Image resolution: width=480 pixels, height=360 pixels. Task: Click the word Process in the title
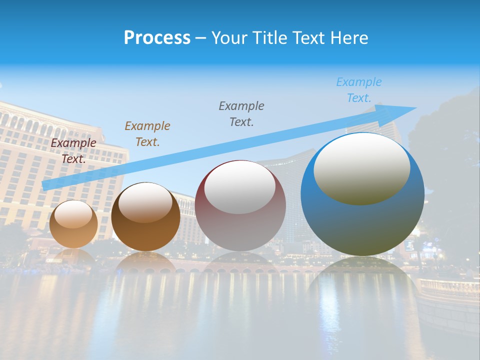point(157,38)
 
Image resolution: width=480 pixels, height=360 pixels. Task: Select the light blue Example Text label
point(358,90)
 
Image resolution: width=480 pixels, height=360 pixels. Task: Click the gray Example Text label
point(241,114)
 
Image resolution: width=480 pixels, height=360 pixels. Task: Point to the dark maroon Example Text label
point(73,151)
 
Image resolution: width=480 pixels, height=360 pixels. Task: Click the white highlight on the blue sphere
point(362,167)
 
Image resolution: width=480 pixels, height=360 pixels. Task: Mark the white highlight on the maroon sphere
point(240,187)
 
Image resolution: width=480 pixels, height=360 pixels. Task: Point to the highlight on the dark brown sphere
point(145,202)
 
